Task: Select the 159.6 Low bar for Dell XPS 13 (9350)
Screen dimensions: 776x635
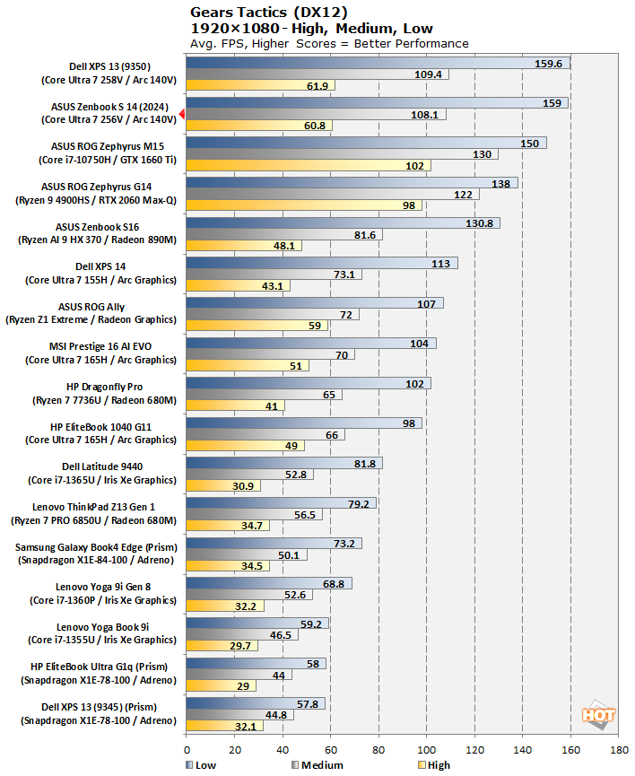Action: (x=378, y=63)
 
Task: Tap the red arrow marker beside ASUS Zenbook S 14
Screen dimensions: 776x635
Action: (x=182, y=114)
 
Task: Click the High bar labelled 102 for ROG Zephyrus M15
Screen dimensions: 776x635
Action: (x=309, y=165)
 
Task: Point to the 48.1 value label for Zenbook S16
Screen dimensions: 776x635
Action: (x=289, y=245)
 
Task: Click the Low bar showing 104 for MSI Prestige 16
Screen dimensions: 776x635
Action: (x=310, y=343)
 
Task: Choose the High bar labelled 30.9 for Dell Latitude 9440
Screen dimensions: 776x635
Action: (x=223, y=485)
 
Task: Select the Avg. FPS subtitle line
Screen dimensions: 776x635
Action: (x=329, y=43)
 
